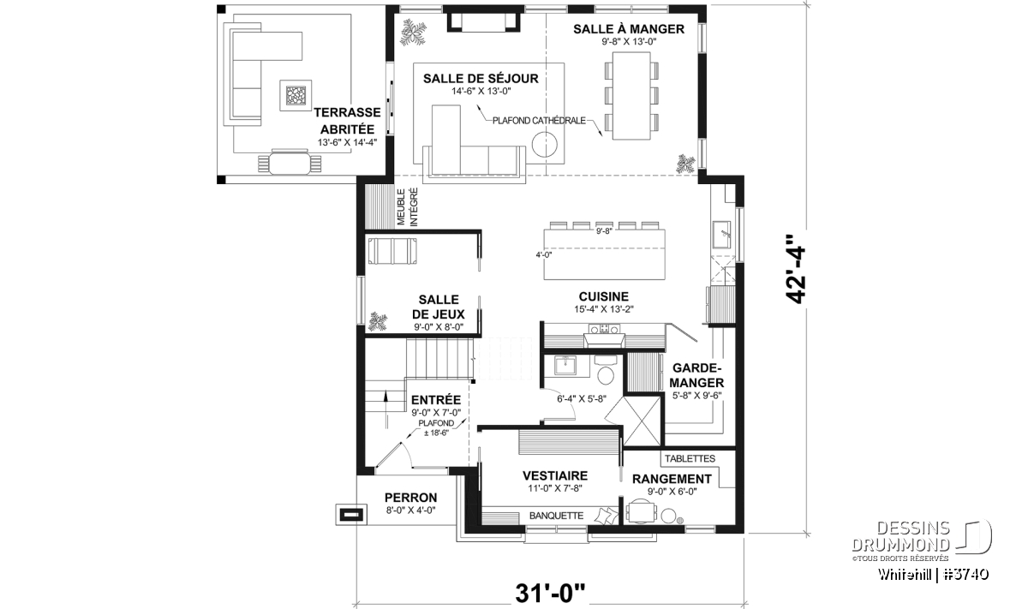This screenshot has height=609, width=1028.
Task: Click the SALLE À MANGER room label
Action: (x=629, y=29)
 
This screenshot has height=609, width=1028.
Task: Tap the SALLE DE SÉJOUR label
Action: (x=481, y=79)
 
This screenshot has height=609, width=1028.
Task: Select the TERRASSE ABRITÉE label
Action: (x=348, y=121)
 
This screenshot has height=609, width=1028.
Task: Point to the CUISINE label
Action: (x=603, y=296)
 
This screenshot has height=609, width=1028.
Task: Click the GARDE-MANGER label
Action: (x=696, y=375)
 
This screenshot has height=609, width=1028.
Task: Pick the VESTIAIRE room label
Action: (x=555, y=475)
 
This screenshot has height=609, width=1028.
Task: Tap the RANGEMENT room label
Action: (x=672, y=479)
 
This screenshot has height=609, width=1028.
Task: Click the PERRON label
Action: (x=410, y=498)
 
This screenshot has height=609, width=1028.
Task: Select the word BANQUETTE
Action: (x=556, y=516)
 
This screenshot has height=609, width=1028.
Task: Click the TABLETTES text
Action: (x=690, y=458)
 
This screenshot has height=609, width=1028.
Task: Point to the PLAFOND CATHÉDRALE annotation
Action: (x=539, y=121)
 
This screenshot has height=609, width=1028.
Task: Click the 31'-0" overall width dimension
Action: (x=550, y=594)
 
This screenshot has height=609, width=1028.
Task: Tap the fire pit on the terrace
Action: (x=296, y=95)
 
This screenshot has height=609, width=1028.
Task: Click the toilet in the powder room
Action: (x=606, y=372)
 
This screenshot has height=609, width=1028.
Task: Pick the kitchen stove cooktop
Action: (x=605, y=329)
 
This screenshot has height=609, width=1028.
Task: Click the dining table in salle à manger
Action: (x=631, y=96)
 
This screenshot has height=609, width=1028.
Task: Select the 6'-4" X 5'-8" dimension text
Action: (x=582, y=399)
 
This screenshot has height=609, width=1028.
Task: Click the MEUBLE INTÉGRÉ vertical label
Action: (x=408, y=207)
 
